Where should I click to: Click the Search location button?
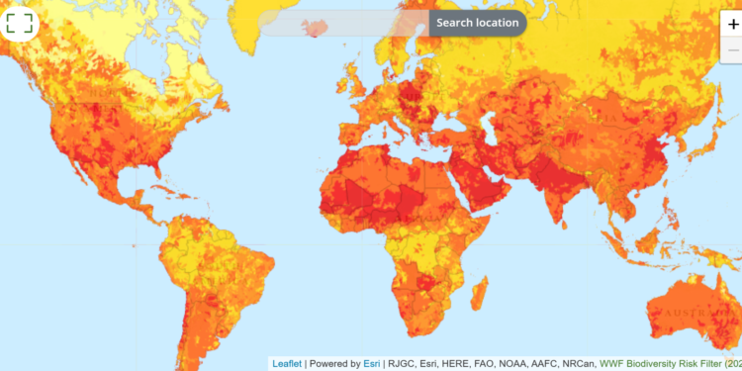pos(478,23)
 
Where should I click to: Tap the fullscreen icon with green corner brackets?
pos(19,22)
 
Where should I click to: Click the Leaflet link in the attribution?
pos(288,364)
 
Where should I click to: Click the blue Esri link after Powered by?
pos(372,364)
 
